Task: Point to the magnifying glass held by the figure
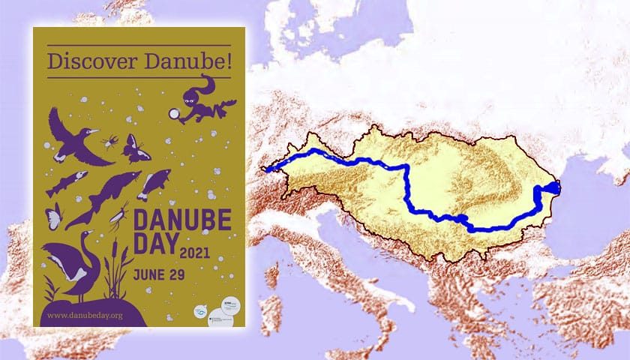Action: (x=175, y=114)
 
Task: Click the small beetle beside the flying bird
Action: (x=110, y=141)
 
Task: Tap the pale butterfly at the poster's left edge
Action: (x=53, y=217)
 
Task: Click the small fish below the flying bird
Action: (x=67, y=182)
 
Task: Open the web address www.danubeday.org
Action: (x=85, y=315)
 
